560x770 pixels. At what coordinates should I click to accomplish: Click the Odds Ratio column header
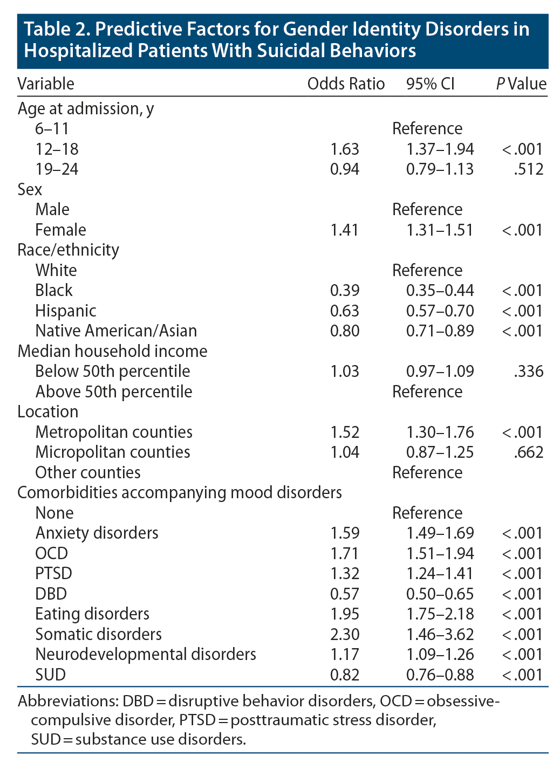pos(346,84)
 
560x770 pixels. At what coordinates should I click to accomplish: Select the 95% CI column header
pos(430,84)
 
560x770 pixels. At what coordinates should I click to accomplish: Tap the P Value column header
pos(521,84)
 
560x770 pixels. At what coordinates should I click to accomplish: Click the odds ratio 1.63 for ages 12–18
pos(345,149)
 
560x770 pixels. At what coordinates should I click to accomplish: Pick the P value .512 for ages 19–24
pos(529,169)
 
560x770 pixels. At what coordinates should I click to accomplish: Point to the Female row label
pos(60,230)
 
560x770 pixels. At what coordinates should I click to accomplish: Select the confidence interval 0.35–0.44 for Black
pos(440,291)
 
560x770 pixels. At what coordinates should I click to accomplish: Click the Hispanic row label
pos(66,311)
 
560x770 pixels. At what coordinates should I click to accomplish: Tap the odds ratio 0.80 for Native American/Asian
pos(345,331)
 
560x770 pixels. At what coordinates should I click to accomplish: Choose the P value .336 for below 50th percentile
pos(529,372)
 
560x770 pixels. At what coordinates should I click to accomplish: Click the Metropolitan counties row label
pos(114,432)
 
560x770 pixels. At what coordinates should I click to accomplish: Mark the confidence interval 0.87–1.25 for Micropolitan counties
pos(440,452)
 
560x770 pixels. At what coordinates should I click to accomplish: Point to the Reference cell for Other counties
pos(427,473)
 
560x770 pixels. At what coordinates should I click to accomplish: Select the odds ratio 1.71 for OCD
pos(345,554)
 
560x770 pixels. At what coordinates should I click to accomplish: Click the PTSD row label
pos(53,574)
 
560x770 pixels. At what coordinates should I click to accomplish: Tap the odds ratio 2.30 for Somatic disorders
pos(345,635)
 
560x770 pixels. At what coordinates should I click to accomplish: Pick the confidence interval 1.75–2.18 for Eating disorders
pos(440,614)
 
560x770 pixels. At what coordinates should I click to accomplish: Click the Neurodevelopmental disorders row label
pos(146,655)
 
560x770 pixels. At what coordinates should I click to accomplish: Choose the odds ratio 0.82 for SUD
pos(345,675)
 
